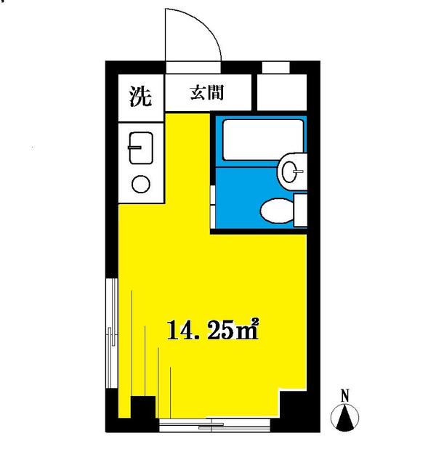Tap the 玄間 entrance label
pos(206,92)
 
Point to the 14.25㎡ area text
pos(213,329)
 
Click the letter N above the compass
pos(344,396)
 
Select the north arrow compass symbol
pos(344,418)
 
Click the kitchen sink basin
pos(141,147)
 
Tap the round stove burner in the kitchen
pos(141,184)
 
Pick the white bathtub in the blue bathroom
pos(263,139)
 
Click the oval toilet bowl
pos(277,211)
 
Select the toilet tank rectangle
pos(300,210)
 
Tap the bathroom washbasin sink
pos(292,171)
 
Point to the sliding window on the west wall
pos(112,333)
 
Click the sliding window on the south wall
pos(215,424)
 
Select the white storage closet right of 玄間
pos(282,92)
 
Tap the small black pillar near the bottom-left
pos(143,407)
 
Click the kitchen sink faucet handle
pos(134,147)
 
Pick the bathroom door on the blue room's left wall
pos(213,206)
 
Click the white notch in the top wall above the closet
pos(276,67)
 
